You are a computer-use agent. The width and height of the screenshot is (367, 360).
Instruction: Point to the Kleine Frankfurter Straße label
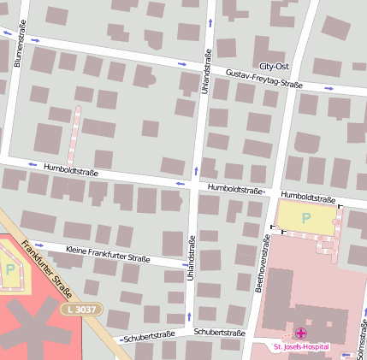pyautogui.click(x=108, y=253)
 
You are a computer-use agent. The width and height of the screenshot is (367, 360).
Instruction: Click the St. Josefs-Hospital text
pyautogui.click(x=301, y=346)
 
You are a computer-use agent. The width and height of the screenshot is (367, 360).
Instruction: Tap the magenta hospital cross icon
pyautogui.click(x=301, y=333)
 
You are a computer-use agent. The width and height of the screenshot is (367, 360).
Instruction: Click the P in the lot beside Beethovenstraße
pyautogui.click(x=305, y=217)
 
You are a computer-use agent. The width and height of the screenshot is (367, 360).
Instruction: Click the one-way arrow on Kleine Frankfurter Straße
pyautogui.click(x=39, y=245)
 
